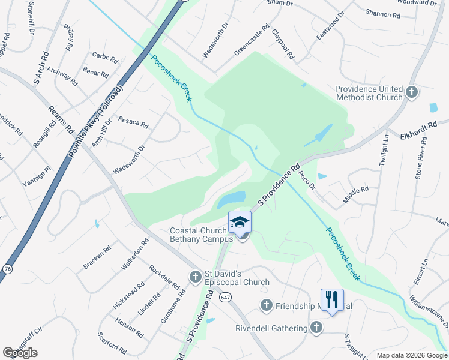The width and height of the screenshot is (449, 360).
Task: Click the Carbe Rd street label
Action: pyautogui.click(x=104, y=56)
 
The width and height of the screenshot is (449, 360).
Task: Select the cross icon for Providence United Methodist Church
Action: pyautogui.click(x=411, y=92)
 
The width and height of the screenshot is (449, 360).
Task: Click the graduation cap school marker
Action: pyautogui.click(x=240, y=222)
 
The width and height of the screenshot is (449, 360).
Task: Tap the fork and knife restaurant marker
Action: pyautogui.click(x=332, y=299)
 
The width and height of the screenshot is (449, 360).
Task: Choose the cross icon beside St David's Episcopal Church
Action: pyautogui.click(x=195, y=277)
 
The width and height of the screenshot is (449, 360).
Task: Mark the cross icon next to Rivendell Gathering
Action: pyautogui.click(x=317, y=327)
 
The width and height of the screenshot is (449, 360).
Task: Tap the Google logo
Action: pyautogui.click(x=20, y=353)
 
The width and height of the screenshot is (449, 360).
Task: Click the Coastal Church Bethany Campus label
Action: pyautogui.click(x=201, y=235)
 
